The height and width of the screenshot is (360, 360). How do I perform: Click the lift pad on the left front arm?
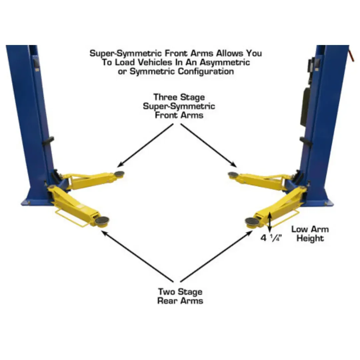[119, 174]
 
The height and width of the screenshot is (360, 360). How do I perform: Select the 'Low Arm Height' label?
[310, 234]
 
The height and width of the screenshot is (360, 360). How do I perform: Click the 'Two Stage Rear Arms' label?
[180, 296]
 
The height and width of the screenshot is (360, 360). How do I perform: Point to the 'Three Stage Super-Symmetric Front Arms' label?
[179, 106]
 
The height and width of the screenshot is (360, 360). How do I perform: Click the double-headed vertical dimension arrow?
[270, 221]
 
